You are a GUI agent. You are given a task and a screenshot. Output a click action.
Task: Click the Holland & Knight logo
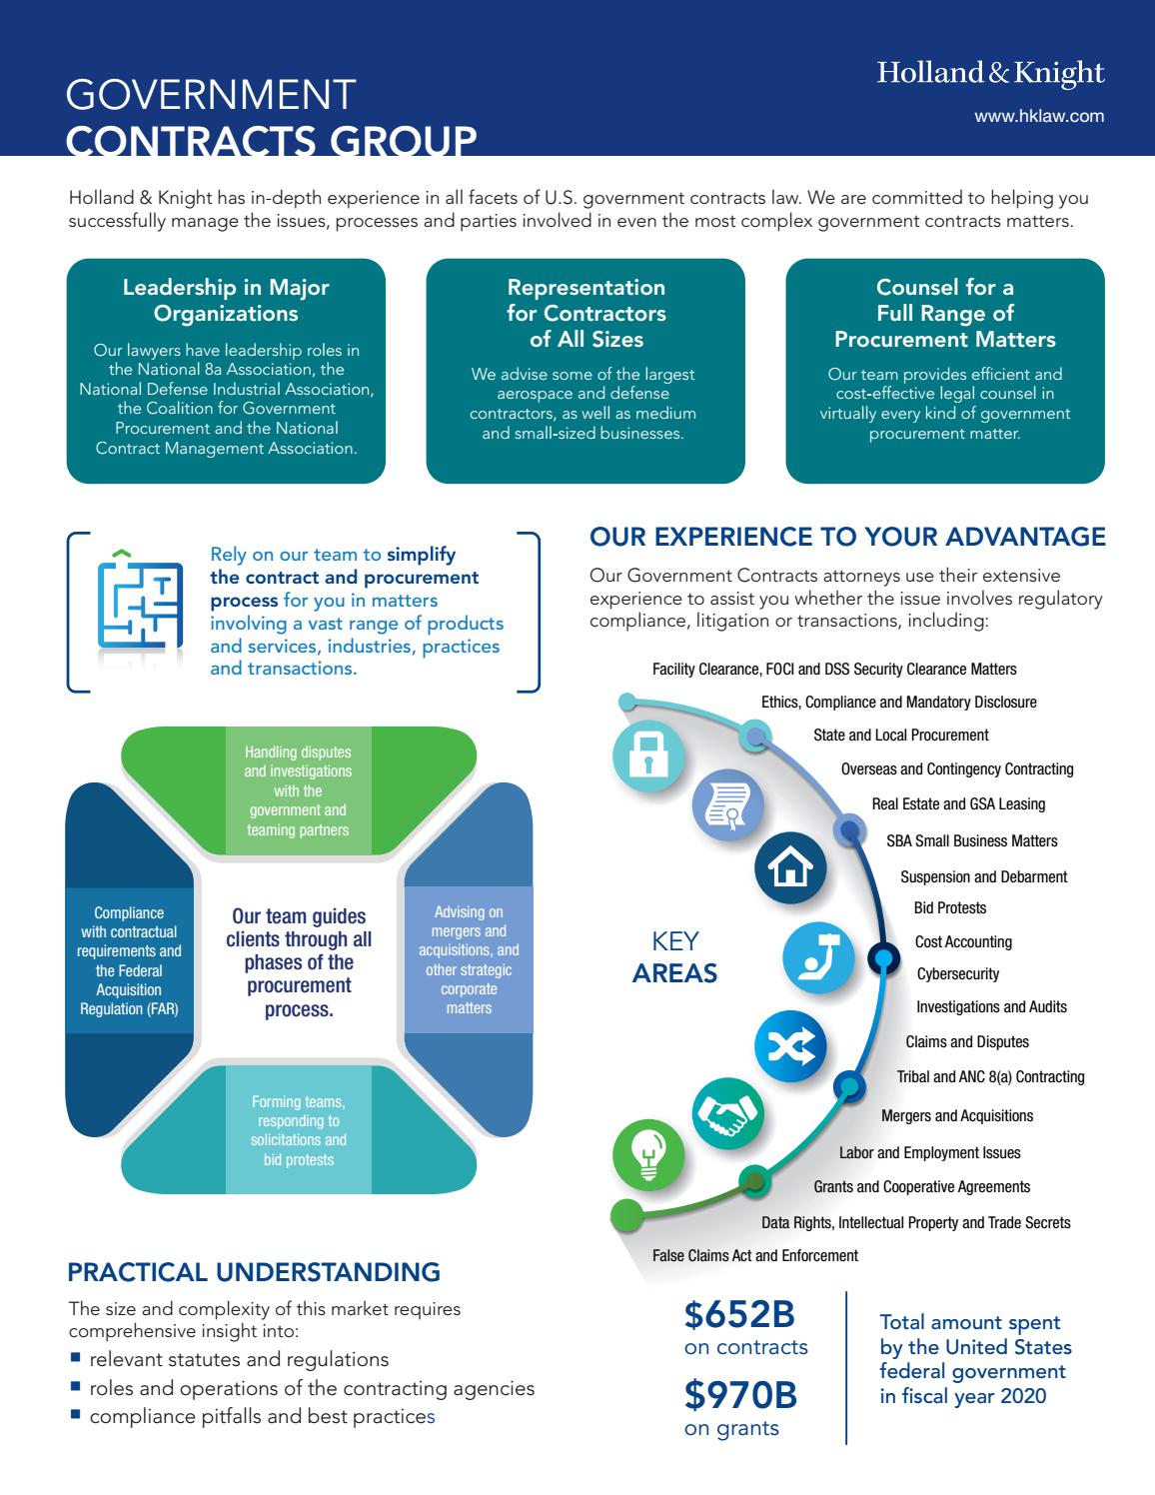(x=990, y=73)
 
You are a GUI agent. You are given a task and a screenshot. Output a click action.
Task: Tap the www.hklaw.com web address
(x=1039, y=116)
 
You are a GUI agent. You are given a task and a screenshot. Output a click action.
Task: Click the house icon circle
(x=789, y=868)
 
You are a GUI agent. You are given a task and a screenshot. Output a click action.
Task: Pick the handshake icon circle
(x=727, y=1113)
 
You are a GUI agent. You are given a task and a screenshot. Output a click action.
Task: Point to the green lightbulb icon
(x=648, y=1156)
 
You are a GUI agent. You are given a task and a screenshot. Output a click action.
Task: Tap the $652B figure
(x=739, y=1315)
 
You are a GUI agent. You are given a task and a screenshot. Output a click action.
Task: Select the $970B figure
(x=740, y=1395)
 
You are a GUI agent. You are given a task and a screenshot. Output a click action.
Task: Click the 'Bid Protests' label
(x=950, y=908)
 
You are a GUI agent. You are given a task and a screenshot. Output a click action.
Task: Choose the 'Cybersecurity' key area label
(x=957, y=974)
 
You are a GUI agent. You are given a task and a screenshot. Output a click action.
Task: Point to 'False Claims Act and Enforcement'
(x=754, y=1255)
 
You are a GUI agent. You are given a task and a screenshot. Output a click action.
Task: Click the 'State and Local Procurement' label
(x=900, y=735)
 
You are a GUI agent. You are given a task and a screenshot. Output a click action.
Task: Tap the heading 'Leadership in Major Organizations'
(x=226, y=300)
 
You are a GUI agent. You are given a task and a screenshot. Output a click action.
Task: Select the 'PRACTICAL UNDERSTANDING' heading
(x=254, y=1272)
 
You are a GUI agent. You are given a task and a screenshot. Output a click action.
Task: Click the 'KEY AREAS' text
(x=674, y=957)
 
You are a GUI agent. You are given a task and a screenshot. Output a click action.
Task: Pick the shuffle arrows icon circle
(x=789, y=1046)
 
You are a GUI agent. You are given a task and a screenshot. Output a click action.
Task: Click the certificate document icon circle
(x=727, y=804)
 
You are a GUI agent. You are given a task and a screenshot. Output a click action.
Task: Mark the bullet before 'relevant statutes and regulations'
(x=75, y=1358)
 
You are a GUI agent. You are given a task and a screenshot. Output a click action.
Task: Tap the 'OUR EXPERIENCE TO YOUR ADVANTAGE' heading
(x=847, y=537)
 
